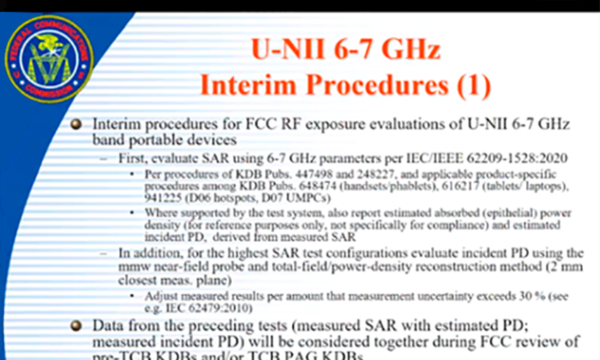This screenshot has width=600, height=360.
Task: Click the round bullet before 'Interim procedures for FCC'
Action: pyautogui.click(x=76, y=125)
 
